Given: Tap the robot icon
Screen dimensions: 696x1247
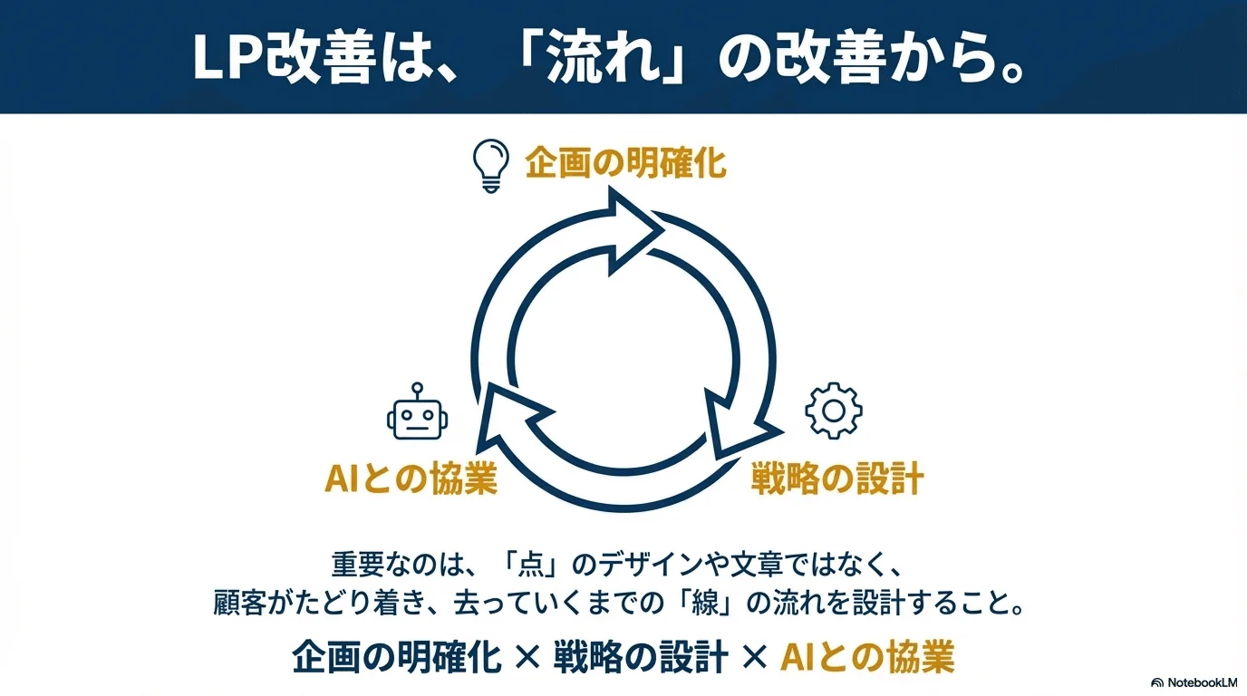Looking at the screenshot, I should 418,414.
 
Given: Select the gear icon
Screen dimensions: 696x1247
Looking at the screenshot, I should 833,411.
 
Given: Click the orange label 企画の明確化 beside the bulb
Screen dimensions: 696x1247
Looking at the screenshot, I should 625,164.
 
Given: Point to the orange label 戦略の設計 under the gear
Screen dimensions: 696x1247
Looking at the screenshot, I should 836,478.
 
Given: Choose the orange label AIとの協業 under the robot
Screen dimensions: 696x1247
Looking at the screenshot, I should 411,478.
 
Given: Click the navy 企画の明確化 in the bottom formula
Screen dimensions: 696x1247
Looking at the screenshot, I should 397,656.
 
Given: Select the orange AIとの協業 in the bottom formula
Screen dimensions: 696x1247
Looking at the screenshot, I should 866,656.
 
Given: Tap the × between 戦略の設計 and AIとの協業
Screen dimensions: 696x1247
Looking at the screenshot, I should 753,656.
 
